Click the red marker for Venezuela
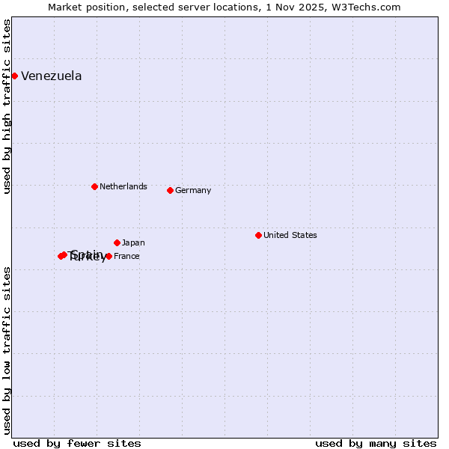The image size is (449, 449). pyautogui.click(x=14, y=76)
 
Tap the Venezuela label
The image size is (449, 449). pyautogui.click(x=51, y=76)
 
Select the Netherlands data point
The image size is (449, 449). pyautogui.click(x=94, y=186)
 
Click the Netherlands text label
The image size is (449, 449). pyautogui.click(x=123, y=186)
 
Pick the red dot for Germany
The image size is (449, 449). pyautogui.click(x=170, y=190)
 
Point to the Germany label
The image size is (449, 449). pyautogui.click(x=193, y=190)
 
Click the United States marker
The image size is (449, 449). pyautogui.click(x=258, y=235)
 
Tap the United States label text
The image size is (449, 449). pyautogui.click(x=290, y=235)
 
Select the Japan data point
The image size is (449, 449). pyautogui.click(x=117, y=242)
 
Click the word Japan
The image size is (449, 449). pyautogui.click(x=133, y=242)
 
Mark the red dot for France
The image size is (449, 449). pyautogui.click(x=109, y=256)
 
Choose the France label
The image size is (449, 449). pyautogui.click(x=126, y=256)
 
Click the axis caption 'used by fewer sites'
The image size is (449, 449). pyautogui.click(x=77, y=443)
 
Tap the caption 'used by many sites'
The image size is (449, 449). pyautogui.click(x=376, y=443)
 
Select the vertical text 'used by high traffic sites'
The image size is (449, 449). pyautogui.click(x=7, y=107)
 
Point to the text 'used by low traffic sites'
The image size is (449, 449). pyautogui.click(x=7, y=349)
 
